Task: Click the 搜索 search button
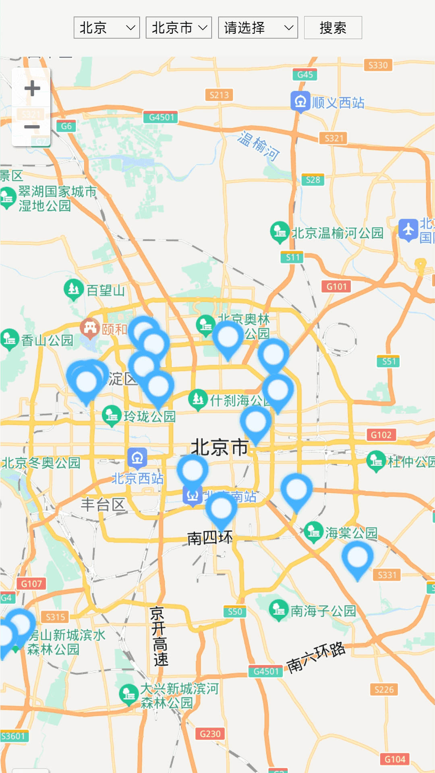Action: [333, 28]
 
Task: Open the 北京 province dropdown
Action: [107, 28]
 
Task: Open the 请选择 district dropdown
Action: [258, 28]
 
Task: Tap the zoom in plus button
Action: [32, 89]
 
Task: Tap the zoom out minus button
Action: [32, 127]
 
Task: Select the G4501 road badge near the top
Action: [161, 117]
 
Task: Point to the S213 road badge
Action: [219, 95]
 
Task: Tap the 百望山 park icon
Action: [73, 289]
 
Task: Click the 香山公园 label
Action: [47, 341]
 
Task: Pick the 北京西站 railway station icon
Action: [137, 457]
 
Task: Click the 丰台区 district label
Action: [103, 504]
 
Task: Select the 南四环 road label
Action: [210, 538]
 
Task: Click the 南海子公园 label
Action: [323, 611]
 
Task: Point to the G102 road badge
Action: [381, 435]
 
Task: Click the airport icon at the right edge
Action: [408, 230]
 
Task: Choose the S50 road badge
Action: [235, 612]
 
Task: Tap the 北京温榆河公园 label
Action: [337, 233]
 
